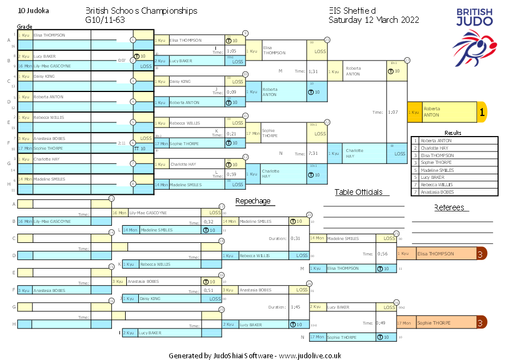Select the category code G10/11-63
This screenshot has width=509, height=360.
pos(105,20)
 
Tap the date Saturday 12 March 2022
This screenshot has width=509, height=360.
pos(374,20)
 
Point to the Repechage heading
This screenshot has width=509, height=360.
pos(253,201)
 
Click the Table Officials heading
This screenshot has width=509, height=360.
pos(358,193)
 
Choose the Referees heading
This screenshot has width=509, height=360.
pos(449,208)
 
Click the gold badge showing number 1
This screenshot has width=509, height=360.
pos(482,113)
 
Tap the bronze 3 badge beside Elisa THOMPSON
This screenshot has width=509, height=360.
pos(482,254)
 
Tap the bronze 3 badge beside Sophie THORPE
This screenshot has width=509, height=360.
pos(482,323)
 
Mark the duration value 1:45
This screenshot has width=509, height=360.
pos(295,307)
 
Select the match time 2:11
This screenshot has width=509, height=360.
pos(122,143)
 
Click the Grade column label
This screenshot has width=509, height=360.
pos(25,26)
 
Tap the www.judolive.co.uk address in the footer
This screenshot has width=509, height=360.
pos(310,355)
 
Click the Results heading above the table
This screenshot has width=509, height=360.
pos(452,133)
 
